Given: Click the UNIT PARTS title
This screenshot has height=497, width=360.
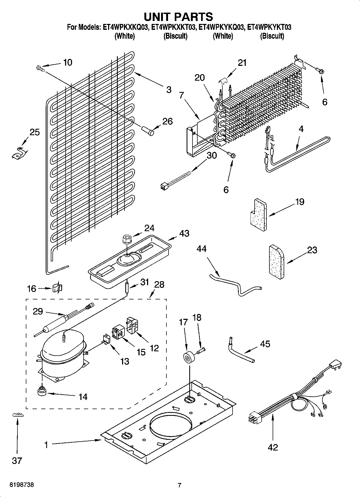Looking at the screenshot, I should (179, 17).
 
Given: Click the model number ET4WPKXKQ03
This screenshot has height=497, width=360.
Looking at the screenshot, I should (125, 27).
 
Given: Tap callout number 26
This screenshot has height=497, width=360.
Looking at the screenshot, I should (167, 121).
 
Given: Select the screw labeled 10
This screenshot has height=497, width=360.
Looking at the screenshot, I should (40, 69).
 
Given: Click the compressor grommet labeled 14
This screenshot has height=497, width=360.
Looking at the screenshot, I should (42, 391).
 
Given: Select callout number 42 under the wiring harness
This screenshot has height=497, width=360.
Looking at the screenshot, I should (273, 447).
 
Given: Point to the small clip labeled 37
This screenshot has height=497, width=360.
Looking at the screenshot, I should (18, 415).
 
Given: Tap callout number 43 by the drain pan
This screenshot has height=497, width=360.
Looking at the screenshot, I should (184, 233).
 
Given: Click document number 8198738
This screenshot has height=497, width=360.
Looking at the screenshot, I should (22, 485).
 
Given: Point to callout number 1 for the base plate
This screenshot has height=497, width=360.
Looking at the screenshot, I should (46, 445).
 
